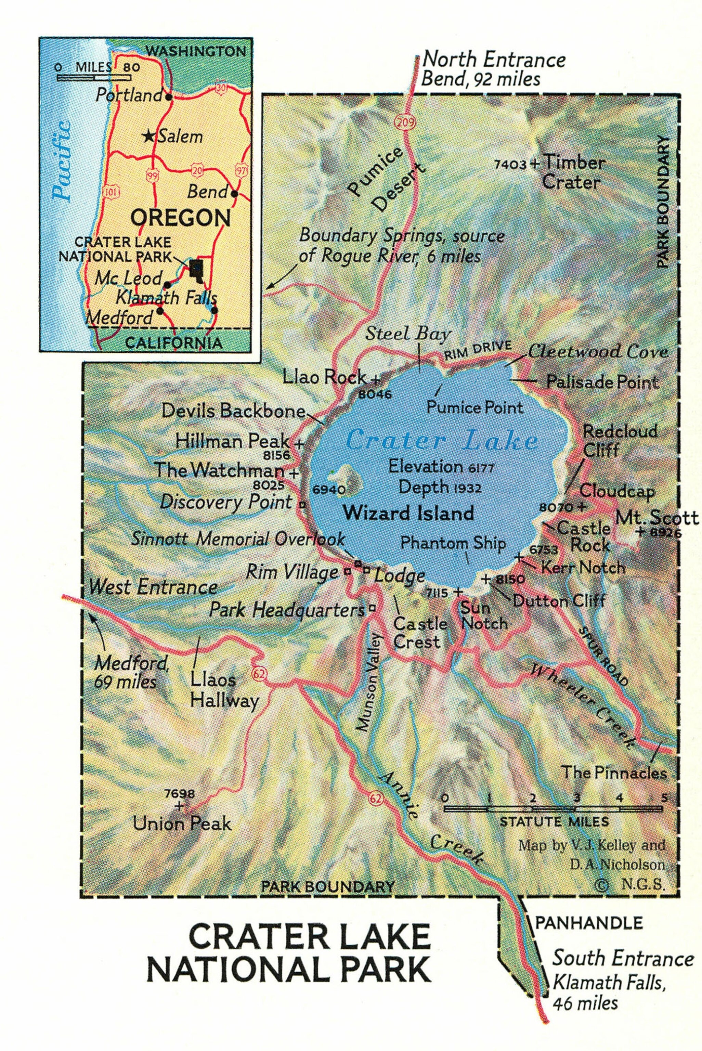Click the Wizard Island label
409,513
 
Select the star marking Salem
148,136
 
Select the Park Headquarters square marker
371,608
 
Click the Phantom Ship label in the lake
453,543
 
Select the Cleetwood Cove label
598,352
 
